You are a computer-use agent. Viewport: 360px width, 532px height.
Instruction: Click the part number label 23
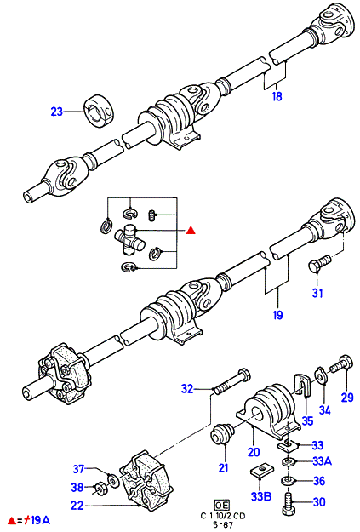coord(57,112)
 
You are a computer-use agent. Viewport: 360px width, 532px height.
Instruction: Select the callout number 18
coord(277,97)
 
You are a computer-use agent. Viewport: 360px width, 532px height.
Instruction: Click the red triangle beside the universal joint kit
coord(191,231)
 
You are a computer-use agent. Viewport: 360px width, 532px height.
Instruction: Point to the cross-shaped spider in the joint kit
coord(129,239)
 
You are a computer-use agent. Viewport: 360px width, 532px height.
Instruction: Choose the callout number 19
coord(277,315)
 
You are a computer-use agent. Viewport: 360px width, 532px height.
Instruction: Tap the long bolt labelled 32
coord(231,381)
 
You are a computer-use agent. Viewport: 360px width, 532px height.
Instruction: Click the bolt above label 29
coord(341,364)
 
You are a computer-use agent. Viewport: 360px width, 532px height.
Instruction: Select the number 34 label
coord(324,410)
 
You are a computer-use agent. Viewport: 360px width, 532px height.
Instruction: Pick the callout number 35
coord(307,421)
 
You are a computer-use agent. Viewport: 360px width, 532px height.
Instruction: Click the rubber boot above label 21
coord(223,433)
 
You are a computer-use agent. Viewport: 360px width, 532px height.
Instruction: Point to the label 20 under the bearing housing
coord(254,452)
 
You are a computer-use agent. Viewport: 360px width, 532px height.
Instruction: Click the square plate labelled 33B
coord(260,471)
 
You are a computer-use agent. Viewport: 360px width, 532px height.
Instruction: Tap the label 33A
coord(323,461)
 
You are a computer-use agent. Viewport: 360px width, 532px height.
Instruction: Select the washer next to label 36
coord(288,481)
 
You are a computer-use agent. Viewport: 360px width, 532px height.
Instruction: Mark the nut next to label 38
coord(100,488)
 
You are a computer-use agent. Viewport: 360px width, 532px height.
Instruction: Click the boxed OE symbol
coord(222,505)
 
